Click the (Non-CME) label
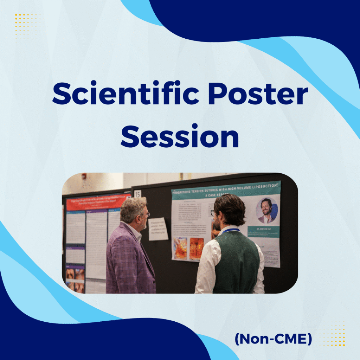(x=273, y=339)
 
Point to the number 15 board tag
(x=137, y=194)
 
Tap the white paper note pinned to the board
(x=158, y=229)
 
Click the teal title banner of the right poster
(x=225, y=190)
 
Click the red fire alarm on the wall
(x=84, y=176)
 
